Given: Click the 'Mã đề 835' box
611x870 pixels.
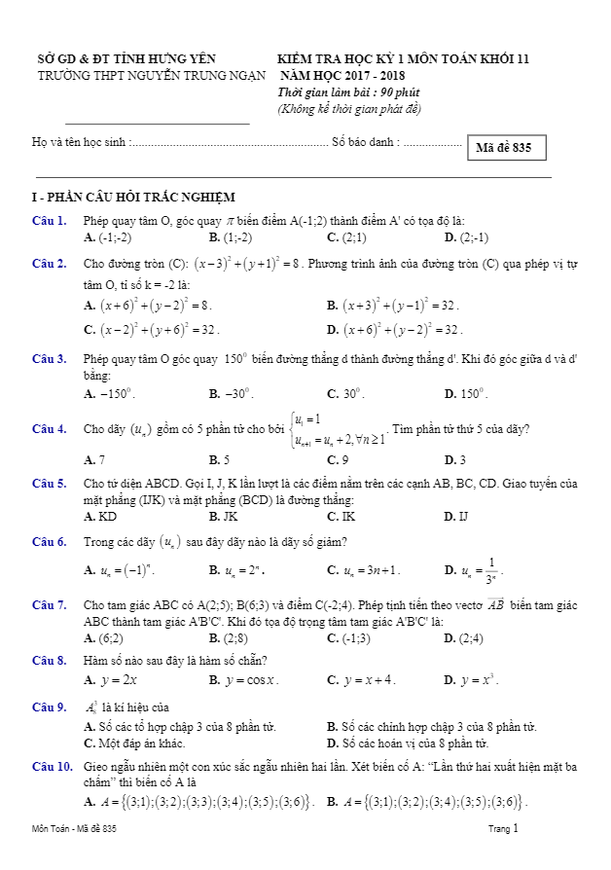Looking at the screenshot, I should point(505,148).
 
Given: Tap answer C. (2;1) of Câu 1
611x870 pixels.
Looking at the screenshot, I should point(347,237).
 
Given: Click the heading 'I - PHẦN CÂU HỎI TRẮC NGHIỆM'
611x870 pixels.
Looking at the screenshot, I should point(133,198).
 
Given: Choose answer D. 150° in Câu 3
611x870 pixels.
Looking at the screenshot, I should point(465,394).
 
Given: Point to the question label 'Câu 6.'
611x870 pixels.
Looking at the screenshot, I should point(49,541).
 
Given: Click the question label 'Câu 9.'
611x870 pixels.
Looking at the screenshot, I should point(49,707).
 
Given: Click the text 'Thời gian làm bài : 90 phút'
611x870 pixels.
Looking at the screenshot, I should point(344,91).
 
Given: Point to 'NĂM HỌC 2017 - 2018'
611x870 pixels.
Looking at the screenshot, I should point(343,75).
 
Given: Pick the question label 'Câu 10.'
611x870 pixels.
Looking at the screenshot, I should point(52,767).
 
